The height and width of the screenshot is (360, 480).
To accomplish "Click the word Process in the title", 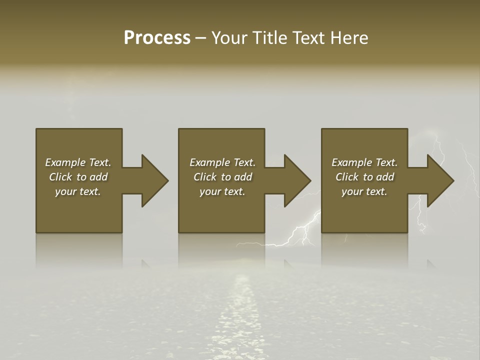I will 157,38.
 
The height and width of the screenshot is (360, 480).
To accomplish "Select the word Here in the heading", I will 349,38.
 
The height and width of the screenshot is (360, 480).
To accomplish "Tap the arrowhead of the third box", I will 440,180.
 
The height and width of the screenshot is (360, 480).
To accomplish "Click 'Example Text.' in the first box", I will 78,162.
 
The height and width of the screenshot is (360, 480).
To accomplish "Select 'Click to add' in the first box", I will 78,177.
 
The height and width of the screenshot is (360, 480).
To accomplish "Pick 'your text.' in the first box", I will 78,191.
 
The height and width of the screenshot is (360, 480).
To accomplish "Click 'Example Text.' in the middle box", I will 222,162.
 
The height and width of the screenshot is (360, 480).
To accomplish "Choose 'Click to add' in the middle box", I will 222,177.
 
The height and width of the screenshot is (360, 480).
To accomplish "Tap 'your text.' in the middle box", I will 222,191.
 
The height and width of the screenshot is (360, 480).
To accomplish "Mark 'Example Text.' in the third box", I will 364,162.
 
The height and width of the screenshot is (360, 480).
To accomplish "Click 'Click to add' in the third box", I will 364,177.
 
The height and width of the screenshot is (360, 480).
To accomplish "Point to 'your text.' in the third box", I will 364,191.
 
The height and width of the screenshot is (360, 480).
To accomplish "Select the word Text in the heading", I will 310,38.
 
